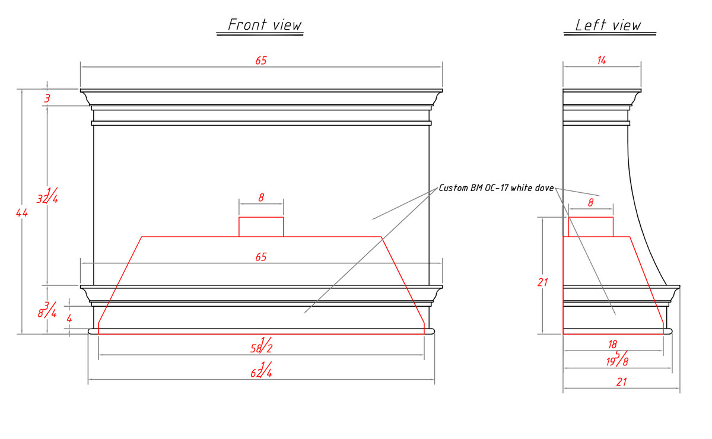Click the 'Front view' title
tap(265, 25)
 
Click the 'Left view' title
tap(608, 25)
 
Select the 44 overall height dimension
tap(22, 212)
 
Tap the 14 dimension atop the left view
tap(602, 60)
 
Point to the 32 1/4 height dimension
tap(47, 196)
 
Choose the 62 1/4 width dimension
tap(262, 370)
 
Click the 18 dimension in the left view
tap(612, 344)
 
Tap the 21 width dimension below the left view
tap(621, 382)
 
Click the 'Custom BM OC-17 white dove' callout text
tap(496, 188)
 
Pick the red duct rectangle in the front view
tap(261, 227)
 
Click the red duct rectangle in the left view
tap(590, 227)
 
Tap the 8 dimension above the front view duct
tap(261, 198)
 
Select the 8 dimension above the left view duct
tap(590, 202)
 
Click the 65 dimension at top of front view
tap(261, 61)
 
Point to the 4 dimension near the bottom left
tap(69, 319)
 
